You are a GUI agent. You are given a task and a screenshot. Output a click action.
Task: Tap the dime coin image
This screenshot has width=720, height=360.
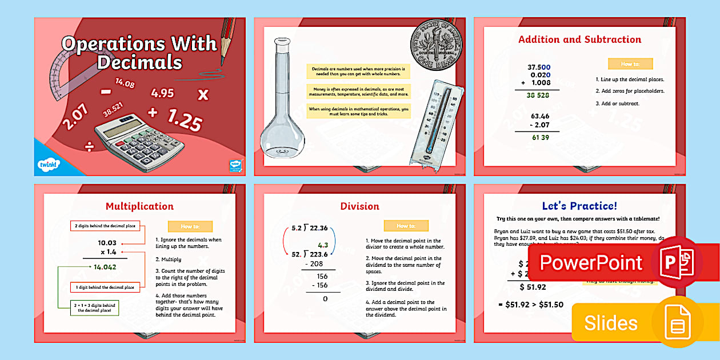[437, 45]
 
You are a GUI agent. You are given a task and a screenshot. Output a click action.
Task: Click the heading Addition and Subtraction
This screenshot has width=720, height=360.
[579, 39]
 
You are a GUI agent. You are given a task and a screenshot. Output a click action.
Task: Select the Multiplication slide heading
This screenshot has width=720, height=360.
[139, 206]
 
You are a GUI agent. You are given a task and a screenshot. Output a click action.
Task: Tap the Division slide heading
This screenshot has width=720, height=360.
[359, 206]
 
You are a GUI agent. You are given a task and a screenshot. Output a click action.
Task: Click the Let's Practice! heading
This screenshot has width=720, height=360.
[579, 206]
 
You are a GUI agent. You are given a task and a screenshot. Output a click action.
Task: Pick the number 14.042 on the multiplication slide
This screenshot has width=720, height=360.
[105, 266]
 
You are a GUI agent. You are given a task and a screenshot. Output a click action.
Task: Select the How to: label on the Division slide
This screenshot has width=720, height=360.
[406, 226]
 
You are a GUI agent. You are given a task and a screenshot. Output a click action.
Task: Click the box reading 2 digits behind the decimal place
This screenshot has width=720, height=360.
[105, 226]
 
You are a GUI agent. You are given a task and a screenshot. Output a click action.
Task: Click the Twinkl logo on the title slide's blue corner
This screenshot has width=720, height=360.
[46, 165]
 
